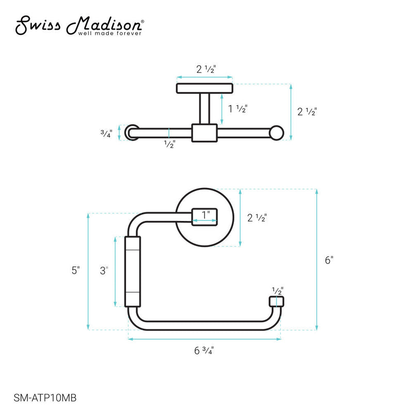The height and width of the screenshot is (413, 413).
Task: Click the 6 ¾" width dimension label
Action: click(204, 351)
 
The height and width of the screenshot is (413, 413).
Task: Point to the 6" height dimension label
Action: click(329, 260)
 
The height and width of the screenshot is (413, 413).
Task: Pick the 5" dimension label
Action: click(76, 270)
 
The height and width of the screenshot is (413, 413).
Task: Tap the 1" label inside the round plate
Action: click(205, 214)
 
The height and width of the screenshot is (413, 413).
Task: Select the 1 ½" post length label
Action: click(238, 109)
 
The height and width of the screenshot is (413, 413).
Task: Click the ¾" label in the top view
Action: click(105, 133)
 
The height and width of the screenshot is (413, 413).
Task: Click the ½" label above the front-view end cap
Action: click(277, 291)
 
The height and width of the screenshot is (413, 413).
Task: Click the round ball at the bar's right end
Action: click(278, 133)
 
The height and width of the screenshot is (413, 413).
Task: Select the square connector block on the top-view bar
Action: click(204, 133)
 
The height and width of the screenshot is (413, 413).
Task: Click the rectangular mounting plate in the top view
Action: click(204, 88)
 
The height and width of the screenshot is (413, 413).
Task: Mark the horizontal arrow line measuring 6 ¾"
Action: click(204, 339)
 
